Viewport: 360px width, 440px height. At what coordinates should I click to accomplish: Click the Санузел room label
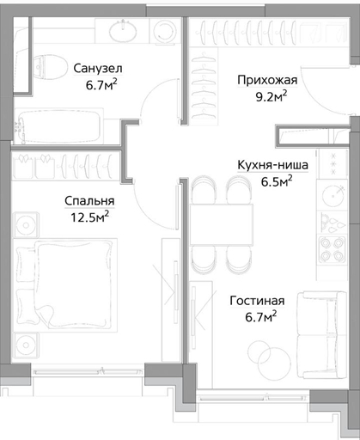pos(98,69)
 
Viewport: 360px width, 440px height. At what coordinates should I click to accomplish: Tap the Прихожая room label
pos(267,80)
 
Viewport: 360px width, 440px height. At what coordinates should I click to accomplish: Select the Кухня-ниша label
pos(273,165)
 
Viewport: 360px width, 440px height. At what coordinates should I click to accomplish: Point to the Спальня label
pos(89,201)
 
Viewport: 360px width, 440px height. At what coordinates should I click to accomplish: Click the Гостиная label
pos(257,301)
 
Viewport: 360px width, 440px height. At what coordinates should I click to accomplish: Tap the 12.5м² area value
pos(89,217)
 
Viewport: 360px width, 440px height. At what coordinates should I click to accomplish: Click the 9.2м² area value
pos(272,96)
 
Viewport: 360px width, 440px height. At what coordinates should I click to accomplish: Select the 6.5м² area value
pos(277,181)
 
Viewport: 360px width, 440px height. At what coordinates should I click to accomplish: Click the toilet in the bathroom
pos(49,67)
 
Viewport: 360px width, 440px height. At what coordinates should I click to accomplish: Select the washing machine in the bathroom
pos(165,31)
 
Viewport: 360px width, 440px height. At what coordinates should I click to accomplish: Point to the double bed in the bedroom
pos(66,285)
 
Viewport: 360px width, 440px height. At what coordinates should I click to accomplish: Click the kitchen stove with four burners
pos(333,249)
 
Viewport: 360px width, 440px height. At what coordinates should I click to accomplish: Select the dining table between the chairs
pos(222,224)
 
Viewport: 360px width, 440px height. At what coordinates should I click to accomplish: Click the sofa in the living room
pos(322,335)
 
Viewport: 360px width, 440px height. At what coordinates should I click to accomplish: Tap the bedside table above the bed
pos(26,225)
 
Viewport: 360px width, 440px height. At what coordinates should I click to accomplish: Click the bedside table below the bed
pos(26,345)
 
